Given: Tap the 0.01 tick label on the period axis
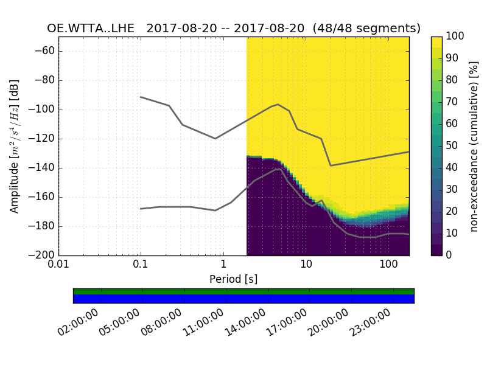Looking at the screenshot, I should [x=58, y=265].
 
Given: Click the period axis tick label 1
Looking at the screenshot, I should [x=223, y=265].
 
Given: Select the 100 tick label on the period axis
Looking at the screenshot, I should [x=388, y=265].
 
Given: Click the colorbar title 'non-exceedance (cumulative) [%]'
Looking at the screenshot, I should [x=475, y=146].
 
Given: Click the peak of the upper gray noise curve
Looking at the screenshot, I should [x=278, y=104].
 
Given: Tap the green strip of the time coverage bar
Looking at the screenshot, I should [x=243, y=291].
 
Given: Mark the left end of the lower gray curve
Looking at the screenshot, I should [x=141, y=209].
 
